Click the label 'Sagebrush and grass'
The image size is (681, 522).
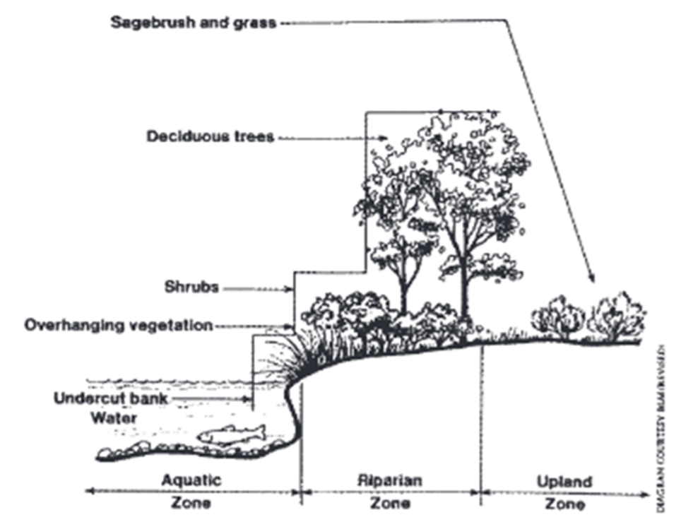(194, 23)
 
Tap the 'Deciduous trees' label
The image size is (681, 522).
(210, 136)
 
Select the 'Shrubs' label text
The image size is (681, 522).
(191, 287)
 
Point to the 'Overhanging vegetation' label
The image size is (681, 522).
(118, 326)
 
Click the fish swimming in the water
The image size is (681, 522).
(231, 434)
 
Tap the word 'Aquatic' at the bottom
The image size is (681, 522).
(191, 480)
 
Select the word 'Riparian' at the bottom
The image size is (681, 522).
(390, 480)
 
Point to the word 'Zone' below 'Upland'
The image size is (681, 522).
(564, 504)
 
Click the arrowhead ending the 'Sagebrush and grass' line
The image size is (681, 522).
(592, 279)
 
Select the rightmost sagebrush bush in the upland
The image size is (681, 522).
(617, 315)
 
